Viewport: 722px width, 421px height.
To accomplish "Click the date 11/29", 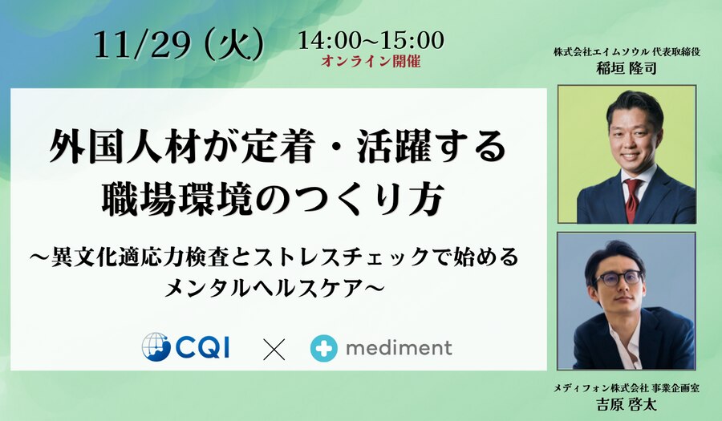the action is tap(142, 46).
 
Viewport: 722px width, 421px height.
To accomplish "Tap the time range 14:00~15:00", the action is tap(371, 41).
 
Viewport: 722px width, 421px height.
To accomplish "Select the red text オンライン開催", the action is tap(371, 61).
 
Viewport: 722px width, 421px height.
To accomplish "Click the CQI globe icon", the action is tap(156, 346).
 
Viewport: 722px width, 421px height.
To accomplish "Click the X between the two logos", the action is tap(274, 349).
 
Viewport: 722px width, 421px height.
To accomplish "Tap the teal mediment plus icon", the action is tap(324, 348).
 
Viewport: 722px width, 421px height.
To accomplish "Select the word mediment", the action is tap(399, 348).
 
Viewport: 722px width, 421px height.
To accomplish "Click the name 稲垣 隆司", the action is tap(627, 68).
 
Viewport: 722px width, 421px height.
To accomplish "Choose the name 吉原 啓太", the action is tap(627, 404).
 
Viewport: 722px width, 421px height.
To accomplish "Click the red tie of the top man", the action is tap(632, 200).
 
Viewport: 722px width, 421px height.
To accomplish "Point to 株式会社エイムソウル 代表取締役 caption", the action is tap(627, 52).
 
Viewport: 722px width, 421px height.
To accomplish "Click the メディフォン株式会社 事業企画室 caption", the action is tap(627, 388).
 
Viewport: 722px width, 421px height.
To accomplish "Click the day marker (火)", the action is tap(235, 46).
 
